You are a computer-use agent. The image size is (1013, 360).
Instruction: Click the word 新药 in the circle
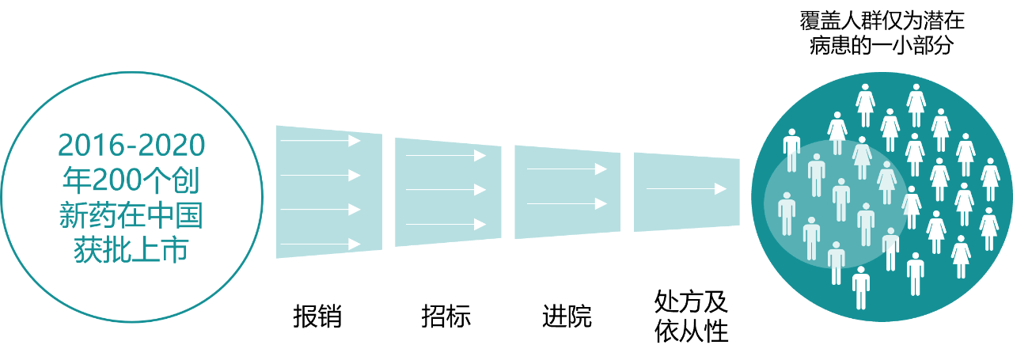pos(89,215)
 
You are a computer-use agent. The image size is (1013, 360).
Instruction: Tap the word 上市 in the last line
pos(161,250)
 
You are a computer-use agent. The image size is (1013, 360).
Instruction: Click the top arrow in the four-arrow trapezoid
pos(321,141)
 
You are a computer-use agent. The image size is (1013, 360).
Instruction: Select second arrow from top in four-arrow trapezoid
pos(321,175)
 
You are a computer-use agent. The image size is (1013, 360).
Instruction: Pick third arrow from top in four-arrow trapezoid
pos(321,209)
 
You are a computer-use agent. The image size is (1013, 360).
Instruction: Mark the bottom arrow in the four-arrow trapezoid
pos(321,243)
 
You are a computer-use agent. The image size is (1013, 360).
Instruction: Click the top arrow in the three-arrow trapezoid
pos(446,156)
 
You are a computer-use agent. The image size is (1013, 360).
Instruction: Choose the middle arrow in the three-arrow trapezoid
pos(446,190)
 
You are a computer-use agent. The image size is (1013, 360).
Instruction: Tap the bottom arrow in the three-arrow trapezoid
pos(446,224)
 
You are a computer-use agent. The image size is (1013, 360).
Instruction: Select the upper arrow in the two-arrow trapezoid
pos(567,169)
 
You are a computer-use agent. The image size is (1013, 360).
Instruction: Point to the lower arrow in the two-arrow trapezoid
pos(567,203)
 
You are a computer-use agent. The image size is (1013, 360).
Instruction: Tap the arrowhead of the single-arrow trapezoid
pos(720,188)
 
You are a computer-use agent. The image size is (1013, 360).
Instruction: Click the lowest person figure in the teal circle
pos(861,286)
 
